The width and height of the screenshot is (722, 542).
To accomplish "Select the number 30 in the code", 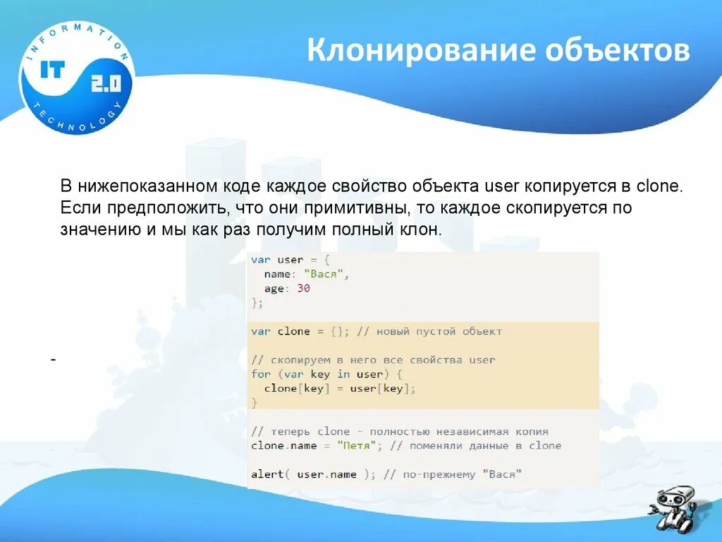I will coord(303,289).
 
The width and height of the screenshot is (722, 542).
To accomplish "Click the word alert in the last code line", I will coord(267,474).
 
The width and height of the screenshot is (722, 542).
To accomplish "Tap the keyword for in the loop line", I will coord(260,374).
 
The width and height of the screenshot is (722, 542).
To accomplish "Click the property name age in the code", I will coord(274,289).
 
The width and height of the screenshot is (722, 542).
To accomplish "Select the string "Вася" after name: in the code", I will coord(325,275).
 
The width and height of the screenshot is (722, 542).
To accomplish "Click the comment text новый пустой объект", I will coord(439,332).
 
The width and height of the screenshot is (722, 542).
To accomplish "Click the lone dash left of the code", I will coord(53,360).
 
